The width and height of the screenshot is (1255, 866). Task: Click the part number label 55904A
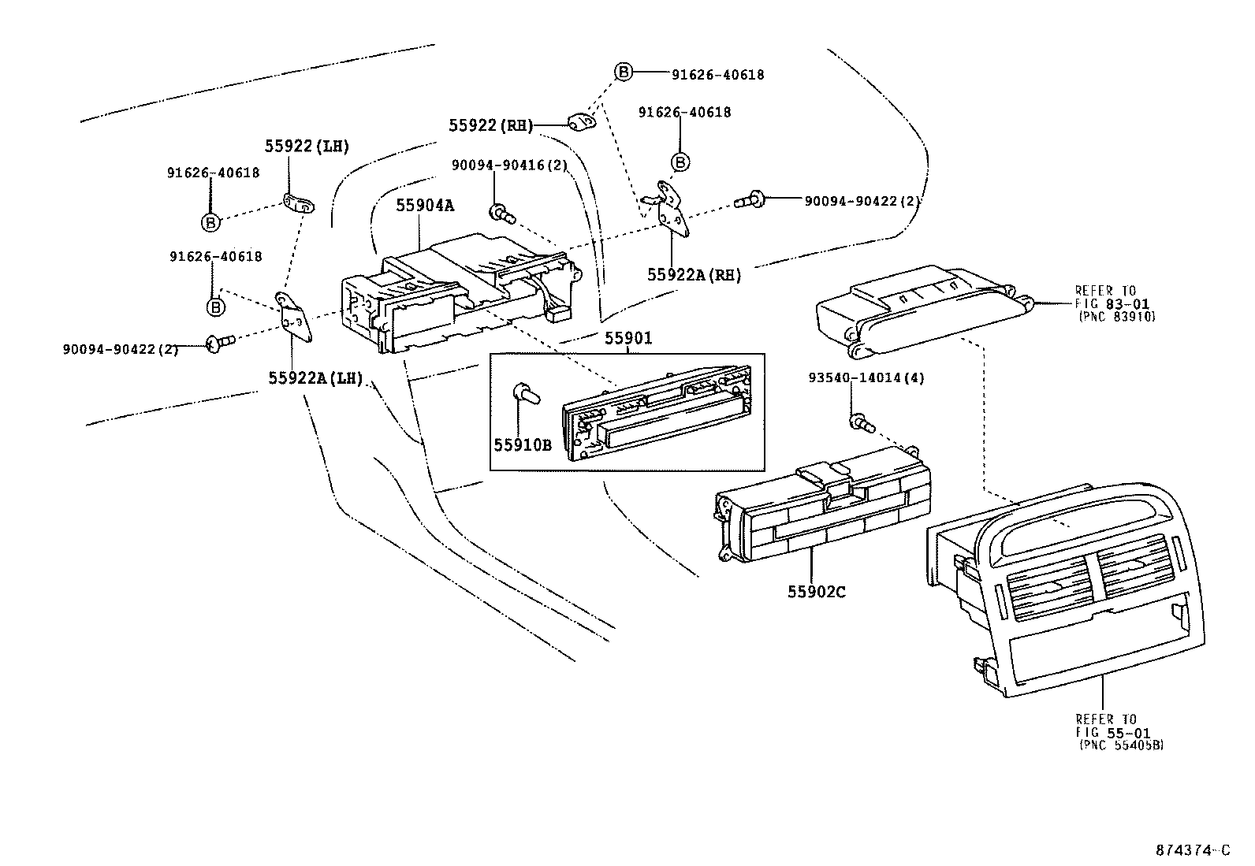point(425,205)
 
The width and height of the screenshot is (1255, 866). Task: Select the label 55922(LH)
point(307,146)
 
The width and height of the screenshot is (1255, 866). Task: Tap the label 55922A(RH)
point(694,274)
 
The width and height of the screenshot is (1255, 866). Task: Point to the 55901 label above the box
point(628,339)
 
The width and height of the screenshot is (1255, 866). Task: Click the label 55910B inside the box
point(522,444)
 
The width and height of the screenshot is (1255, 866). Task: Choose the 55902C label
point(816,591)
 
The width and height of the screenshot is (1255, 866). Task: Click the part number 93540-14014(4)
point(866,377)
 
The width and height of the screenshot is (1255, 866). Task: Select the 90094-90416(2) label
point(509,166)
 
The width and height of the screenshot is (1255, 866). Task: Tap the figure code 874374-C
point(1192,850)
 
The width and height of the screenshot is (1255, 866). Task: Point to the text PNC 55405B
point(1120,744)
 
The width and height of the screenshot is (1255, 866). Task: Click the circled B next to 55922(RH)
point(623,72)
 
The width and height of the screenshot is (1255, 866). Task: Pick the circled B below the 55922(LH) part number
point(210,223)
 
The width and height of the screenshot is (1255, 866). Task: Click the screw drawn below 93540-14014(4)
point(862,423)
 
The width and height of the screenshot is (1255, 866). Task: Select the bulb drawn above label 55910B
point(523,392)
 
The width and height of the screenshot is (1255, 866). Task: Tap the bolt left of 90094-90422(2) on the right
point(749,200)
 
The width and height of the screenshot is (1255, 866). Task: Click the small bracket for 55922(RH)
point(582,121)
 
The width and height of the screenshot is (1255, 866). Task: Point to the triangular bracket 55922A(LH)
point(295,318)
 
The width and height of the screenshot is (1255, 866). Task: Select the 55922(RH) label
point(491,125)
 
